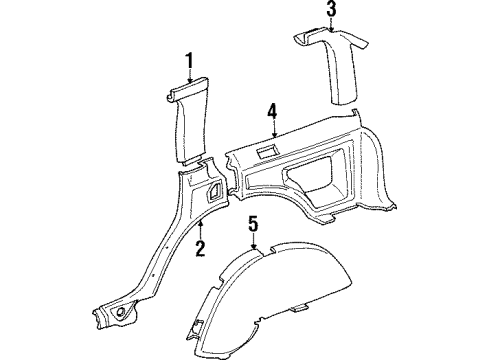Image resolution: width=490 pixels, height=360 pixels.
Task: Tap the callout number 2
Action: tap(200, 247)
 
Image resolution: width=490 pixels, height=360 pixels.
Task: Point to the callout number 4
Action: tap(272, 109)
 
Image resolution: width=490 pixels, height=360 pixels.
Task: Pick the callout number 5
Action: tap(253, 224)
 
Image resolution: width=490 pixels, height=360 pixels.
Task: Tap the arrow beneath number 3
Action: tap(330, 27)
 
